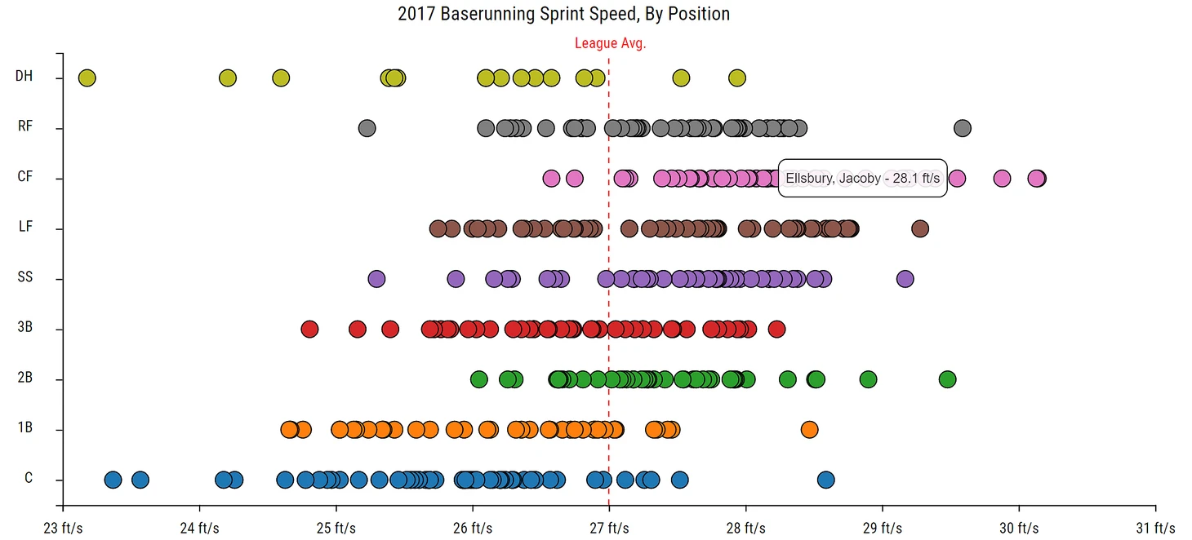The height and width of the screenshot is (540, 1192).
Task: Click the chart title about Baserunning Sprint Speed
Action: tap(563, 14)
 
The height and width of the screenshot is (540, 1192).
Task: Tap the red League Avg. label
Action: tap(610, 43)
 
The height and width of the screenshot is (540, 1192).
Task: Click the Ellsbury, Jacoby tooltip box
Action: tap(862, 178)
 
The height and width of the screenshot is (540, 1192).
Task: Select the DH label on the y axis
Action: tap(24, 77)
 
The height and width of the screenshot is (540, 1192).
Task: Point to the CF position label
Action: tap(24, 177)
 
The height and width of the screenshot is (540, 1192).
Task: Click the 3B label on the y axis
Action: tap(24, 329)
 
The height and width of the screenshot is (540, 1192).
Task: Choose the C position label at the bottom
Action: tap(29, 478)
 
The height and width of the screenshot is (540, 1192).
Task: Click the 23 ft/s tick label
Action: tap(63, 528)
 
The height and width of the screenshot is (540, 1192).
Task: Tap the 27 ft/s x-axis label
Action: tap(609, 528)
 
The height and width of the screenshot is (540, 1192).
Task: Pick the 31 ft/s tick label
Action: tap(1154, 528)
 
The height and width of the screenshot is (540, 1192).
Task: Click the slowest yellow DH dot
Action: tap(87, 78)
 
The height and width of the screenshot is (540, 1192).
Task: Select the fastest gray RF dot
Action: tap(963, 128)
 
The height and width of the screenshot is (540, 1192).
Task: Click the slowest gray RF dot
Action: tap(367, 128)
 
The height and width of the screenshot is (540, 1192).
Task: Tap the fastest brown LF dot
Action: tap(920, 228)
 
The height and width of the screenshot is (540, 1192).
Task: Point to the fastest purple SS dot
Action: tap(905, 279)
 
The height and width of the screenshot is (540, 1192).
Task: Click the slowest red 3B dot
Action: tap(309, 329)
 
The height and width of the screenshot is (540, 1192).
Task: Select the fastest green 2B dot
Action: tap(947, 379)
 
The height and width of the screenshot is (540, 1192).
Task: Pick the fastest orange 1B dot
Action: tap(809, 429)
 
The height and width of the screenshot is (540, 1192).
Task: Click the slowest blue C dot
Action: tap(113, 480)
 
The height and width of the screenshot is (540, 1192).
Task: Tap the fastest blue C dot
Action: tap(825, 480)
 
